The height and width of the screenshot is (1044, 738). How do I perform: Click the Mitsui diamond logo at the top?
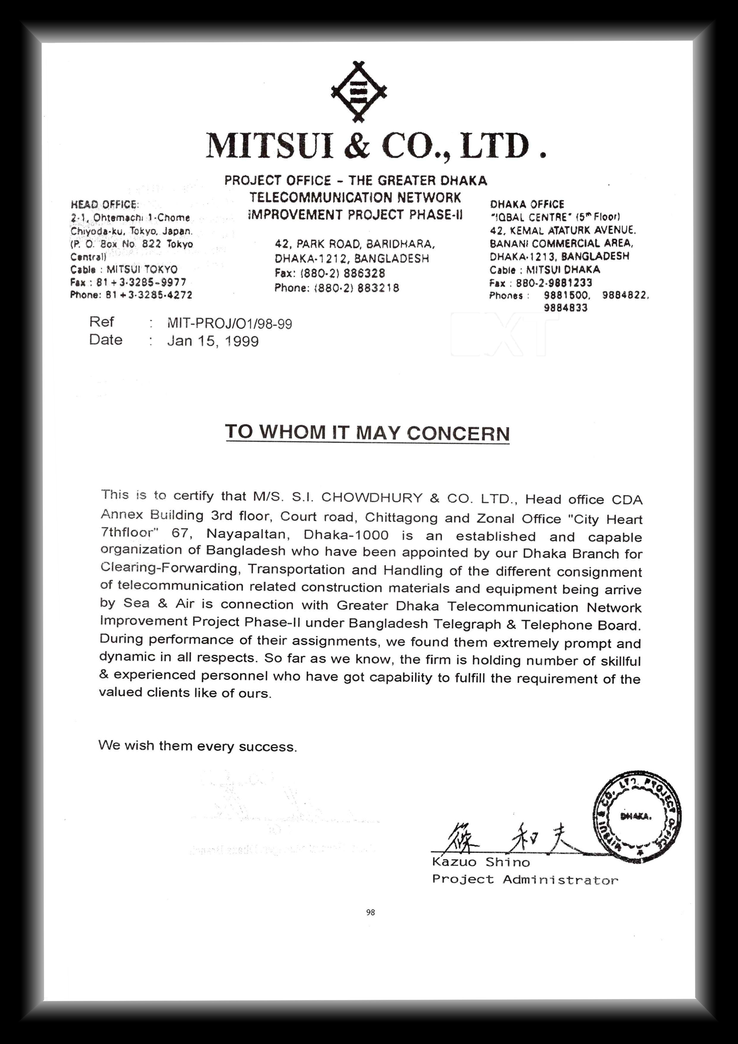pos(359,91)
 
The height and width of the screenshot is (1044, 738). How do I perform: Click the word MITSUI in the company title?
pos(270,146)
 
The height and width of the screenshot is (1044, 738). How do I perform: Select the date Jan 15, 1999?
pos(213,341)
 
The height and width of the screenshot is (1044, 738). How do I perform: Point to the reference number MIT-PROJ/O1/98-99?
pos(230,324)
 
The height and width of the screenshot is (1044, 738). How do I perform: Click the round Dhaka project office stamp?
pos(637,816)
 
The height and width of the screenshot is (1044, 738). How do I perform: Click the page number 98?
pos(370,912)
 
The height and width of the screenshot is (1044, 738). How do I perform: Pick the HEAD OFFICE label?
pos(104,205)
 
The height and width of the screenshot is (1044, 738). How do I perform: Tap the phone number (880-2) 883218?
pos(356,288)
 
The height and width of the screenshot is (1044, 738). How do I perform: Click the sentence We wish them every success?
pos(198,746)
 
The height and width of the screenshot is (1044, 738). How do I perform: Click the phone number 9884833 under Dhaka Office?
pos(566,308)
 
